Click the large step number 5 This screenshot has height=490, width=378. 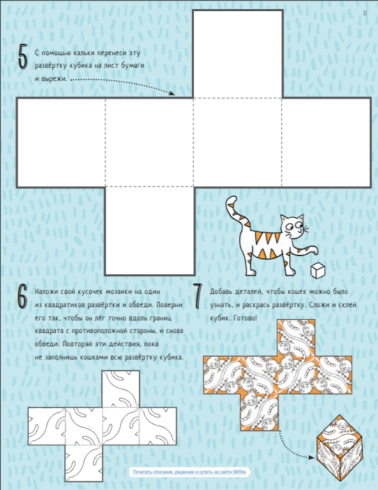coord(23,57)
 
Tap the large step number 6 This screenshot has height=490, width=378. coord(22,296)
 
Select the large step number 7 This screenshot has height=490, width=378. coord(197,296)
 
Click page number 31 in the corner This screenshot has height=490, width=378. coord(365,13)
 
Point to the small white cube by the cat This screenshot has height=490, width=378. coord(317,270)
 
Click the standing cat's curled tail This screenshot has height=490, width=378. coord(238,212)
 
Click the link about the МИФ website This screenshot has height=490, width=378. coord(189,472)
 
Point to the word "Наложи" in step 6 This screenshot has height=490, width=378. coord(46,292)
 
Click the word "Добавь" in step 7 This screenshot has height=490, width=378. coord(220,292)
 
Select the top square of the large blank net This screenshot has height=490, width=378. coord(238,54)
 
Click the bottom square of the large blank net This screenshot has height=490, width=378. coord(149,231)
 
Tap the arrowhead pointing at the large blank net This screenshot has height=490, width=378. coord(172,93)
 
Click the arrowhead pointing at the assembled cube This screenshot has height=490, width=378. coord(310,457)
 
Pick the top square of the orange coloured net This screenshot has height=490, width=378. coord(296,338)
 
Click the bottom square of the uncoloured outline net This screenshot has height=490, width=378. coord(84,463)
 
